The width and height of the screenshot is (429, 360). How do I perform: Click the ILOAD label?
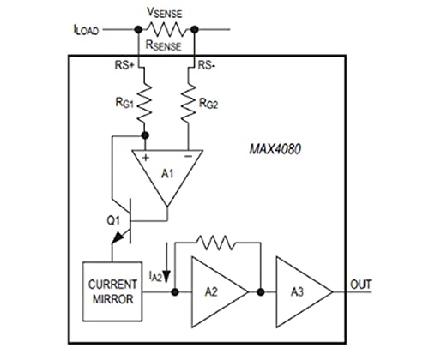(x=86, y=30)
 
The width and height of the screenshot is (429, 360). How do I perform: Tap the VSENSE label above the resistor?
(x=164, y=13)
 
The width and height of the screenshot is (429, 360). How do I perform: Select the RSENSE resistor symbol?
(x=166, y=29)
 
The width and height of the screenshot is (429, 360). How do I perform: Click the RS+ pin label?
(x=124, y=65)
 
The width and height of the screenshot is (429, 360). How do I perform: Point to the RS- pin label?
(x=207, y=65)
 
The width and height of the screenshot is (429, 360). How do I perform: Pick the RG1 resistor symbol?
(x=145, y=101)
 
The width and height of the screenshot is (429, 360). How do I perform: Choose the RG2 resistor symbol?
(x=189, y=101)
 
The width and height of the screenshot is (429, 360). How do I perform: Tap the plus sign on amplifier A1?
(x=146, y=158)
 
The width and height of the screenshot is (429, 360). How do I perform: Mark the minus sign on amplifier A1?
(x=188, y=156)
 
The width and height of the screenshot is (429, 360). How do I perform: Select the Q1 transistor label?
(x=113, y=220)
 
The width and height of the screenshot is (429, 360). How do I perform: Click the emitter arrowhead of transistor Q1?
(x=118, y=237)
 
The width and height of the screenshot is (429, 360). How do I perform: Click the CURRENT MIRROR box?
(x=112, y=291)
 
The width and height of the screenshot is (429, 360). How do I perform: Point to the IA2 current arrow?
(x=166, y=262)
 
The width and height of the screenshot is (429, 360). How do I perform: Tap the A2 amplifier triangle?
(x=220, y=292)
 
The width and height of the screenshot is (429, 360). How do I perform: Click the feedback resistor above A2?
(x=216, y=243)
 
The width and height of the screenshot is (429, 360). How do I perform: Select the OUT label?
(x=360, y=285)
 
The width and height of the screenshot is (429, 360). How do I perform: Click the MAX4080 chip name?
(x=275, y=149)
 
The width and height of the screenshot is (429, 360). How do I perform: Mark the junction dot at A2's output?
(x=261, y=292)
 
